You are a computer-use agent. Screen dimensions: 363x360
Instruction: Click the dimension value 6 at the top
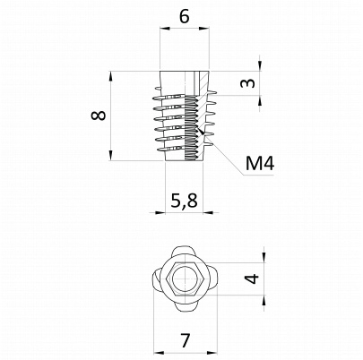click(x=185, y=16)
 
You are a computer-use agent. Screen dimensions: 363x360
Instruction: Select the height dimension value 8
click(x=99, y=116)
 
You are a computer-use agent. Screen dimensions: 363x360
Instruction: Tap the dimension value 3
click(x=248, y=82)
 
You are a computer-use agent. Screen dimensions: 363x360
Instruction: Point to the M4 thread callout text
click(x=260, y=163)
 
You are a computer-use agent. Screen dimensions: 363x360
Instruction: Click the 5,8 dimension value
click(x=184, y=201)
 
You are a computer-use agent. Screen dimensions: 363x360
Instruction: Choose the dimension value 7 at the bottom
click(x=186, y=340)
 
